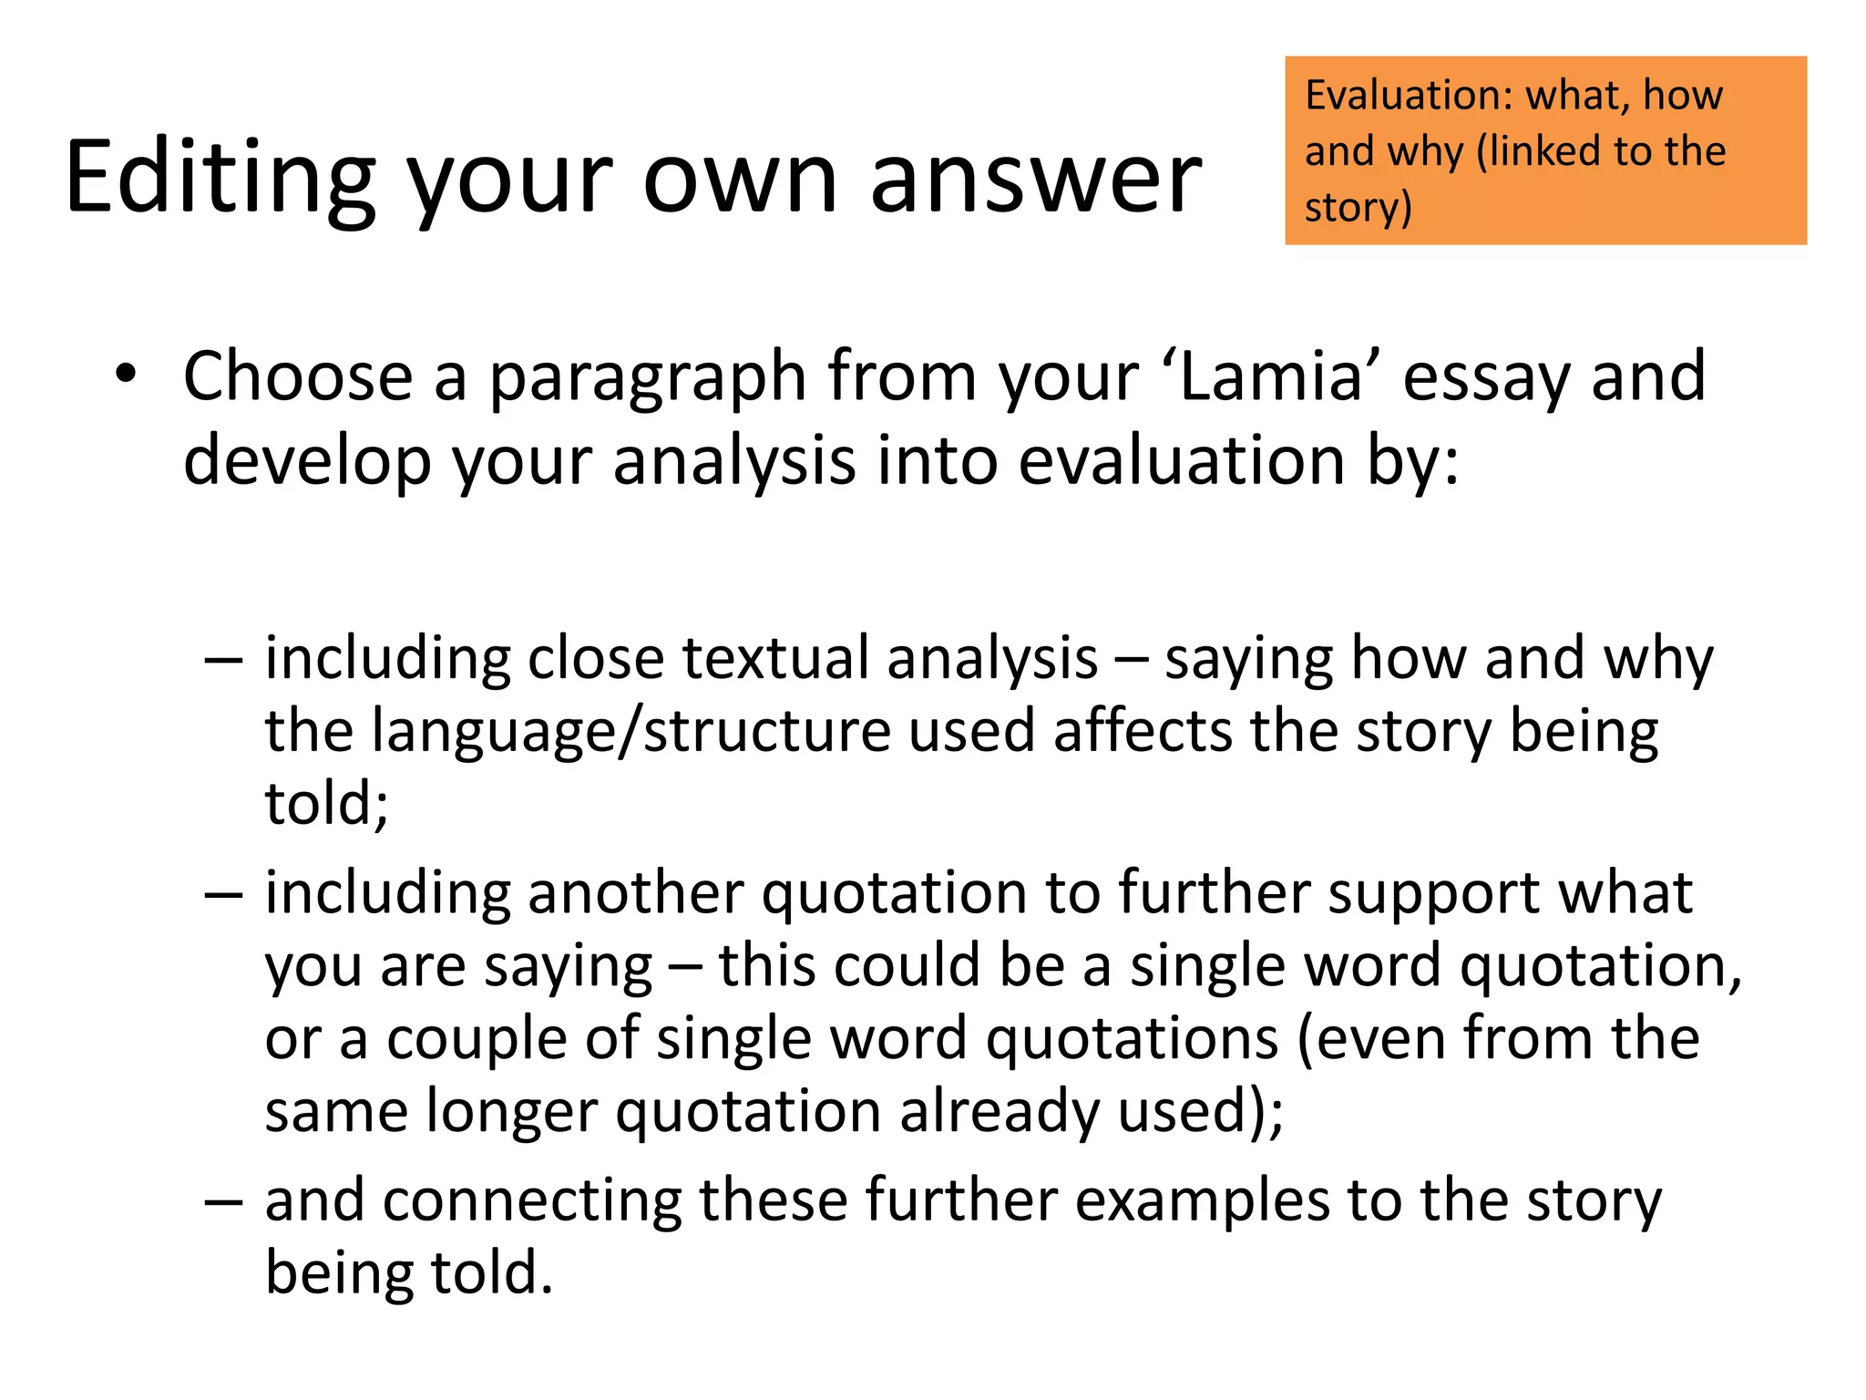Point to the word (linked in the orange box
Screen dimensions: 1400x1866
(1541, 151)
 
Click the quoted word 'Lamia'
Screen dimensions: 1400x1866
(1271, 376)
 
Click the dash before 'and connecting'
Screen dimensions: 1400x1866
(223, 1201)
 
